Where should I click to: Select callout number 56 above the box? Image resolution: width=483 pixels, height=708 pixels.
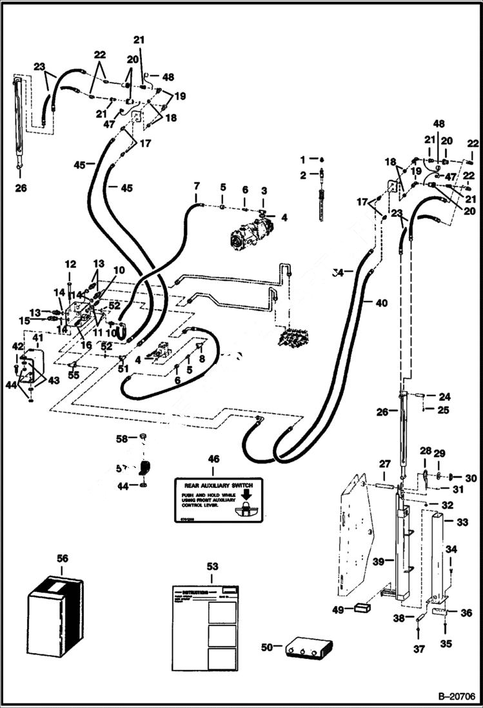coord(62,558)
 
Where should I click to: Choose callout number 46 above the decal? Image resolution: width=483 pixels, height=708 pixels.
coord(213,459)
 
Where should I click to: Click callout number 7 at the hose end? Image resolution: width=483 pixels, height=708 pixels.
coord(197,187)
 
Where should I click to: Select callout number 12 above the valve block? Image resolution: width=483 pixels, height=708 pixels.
coord(70,264)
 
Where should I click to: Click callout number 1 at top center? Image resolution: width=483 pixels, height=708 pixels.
coord(302,159)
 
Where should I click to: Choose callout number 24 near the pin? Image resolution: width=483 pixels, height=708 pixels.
coord(444,396)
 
